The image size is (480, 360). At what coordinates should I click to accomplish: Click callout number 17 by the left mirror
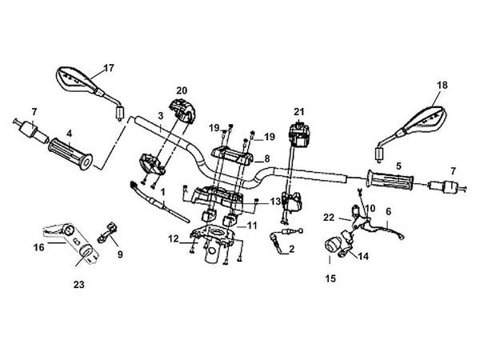point(110,67)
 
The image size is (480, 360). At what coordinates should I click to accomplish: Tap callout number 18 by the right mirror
point(442,85)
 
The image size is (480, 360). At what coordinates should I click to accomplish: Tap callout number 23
point(78,283)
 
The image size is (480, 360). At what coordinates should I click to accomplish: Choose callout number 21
point(299,111)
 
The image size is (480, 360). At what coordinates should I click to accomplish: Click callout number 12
point(174,238)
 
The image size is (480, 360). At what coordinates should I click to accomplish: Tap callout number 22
point(328,217)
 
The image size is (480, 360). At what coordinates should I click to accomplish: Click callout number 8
point(266,158)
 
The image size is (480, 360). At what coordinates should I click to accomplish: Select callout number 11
point(253,226)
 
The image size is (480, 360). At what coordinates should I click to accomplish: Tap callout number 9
point(120,255)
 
